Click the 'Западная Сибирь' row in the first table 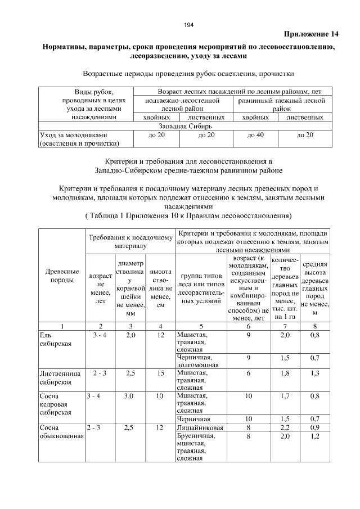(x=183, y=127)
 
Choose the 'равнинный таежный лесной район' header (x=281, y=104)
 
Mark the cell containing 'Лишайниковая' (x=200, y=427)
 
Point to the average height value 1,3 (x=315, y=373)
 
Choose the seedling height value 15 (x=160, y=373)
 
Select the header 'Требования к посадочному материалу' (x=130, y=241)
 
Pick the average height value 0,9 (x=315, y=427)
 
